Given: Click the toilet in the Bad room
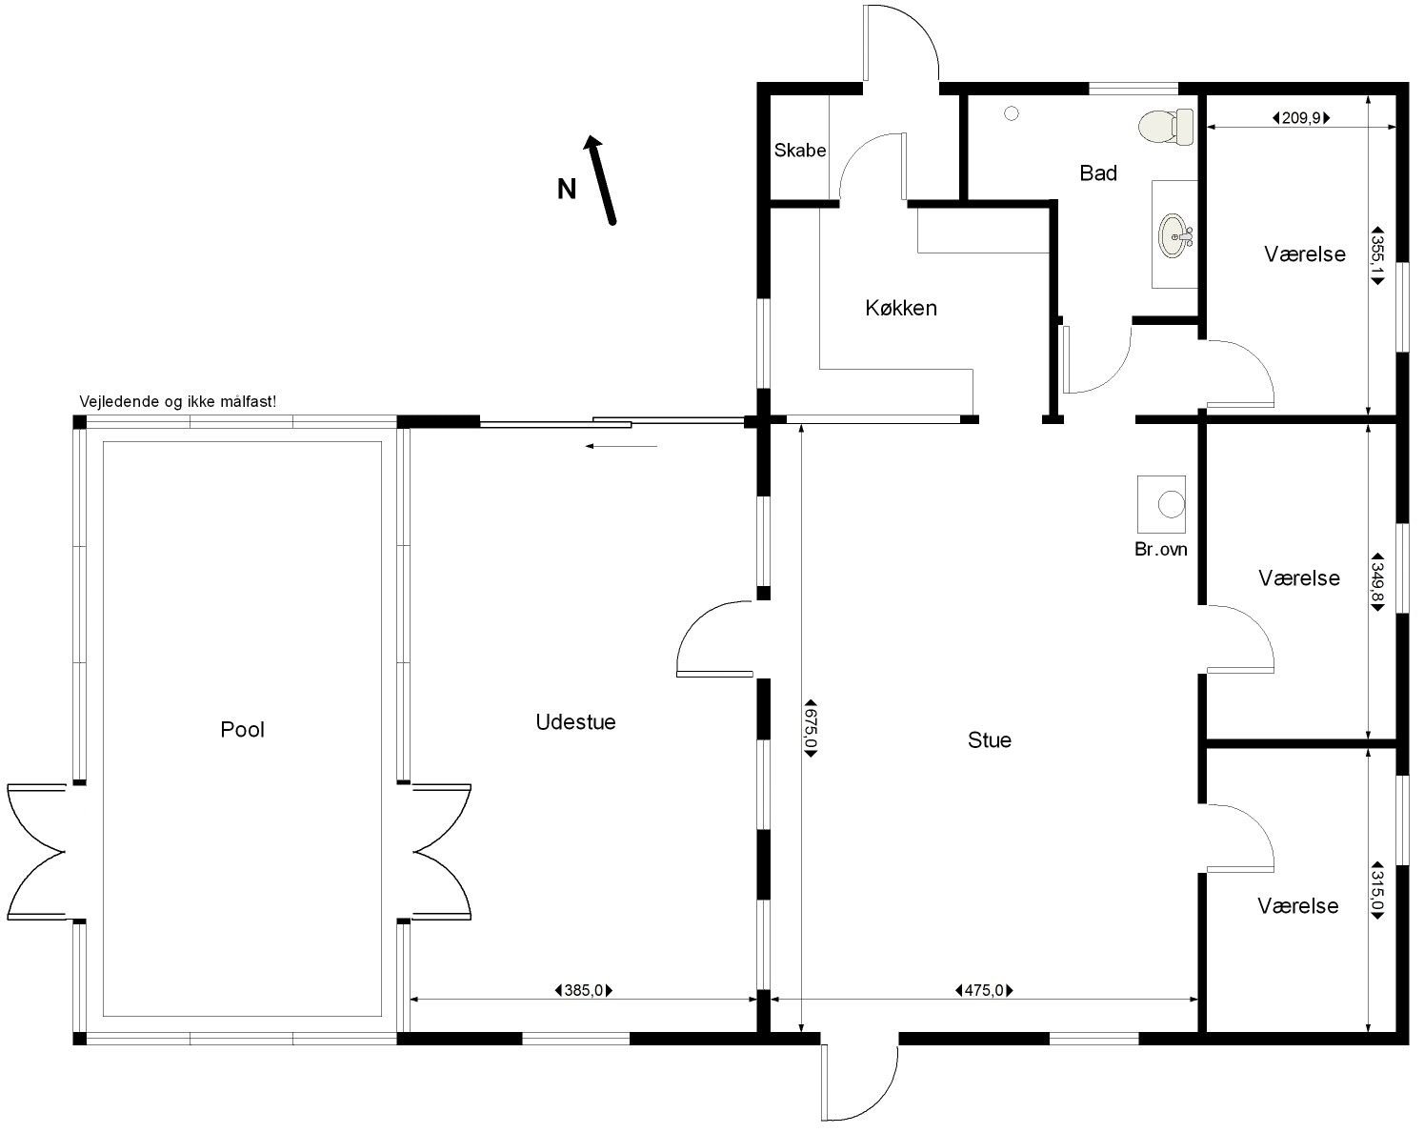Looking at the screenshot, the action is pos(1165,127).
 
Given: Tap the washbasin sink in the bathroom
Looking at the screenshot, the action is pos(1175,235).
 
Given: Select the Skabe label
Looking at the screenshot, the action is pos(800,151).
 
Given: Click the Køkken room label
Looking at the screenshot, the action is pos(900,308).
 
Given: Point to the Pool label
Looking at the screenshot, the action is pos(242,729).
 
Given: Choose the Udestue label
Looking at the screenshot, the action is pos(575,721).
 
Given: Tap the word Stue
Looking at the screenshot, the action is pos(990,739).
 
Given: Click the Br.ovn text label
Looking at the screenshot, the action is pos(1161,549).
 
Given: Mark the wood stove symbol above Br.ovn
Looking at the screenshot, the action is pos(1161,504).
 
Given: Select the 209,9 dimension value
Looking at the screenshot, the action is pos(1301,118).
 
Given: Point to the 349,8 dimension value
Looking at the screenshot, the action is pos(1377,582).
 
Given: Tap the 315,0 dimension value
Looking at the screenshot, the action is pos(1377,891).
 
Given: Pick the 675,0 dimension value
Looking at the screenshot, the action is pos(811,727).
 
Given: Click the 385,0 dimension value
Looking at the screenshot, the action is pos(584,991).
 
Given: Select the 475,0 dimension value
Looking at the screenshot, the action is pos(984,991).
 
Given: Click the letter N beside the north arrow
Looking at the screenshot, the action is pos(567,190).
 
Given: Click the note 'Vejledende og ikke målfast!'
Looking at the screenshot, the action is pos(177,401).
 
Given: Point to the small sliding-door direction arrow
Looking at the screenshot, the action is pos(621,446).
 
